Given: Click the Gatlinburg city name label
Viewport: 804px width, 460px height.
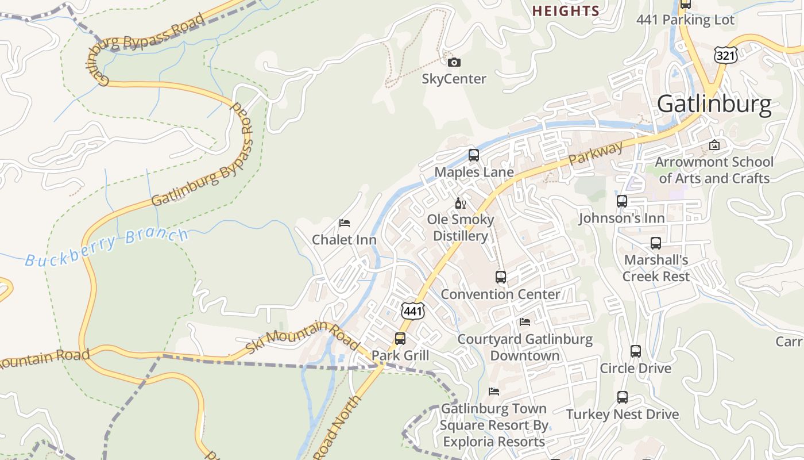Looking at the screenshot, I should (x=714, y=105).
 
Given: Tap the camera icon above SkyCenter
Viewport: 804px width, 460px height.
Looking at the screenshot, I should (x=454, y=62).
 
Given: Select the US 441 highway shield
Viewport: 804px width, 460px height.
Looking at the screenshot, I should (x=413, y=310).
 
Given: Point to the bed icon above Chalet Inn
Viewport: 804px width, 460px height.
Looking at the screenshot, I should (x=345, y=223).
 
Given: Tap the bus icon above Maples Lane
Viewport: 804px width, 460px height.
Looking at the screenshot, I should (x=474, y=155).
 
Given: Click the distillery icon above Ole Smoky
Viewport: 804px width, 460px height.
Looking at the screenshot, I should (x=460, y=203).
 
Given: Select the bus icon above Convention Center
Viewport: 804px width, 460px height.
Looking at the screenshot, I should (x=501, y=277).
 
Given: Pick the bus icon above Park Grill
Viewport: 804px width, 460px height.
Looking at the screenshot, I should (x=400, y=339).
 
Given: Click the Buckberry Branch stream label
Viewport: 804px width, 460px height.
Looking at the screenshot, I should (x=107, y=247).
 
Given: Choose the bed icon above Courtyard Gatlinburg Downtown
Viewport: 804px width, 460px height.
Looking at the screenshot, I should (x=525, y=322).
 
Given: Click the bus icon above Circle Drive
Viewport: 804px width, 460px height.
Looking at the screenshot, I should (x=636, y=351).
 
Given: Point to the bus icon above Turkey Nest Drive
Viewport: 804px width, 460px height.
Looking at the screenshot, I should (x=623, y=397).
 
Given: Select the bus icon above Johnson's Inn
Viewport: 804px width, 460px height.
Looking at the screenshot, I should (x=622, y=201).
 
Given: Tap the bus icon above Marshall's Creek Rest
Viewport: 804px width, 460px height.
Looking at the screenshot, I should (x=656, y=243).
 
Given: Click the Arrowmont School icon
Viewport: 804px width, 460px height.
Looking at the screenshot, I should (x=714, y=145).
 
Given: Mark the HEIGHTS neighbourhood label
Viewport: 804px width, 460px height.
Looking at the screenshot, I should (x=566, y=11).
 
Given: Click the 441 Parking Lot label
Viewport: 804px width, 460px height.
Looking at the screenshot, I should (x=685, y=20).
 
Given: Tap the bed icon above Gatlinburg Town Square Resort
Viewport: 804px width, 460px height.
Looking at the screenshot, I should (x=494, y=392).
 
